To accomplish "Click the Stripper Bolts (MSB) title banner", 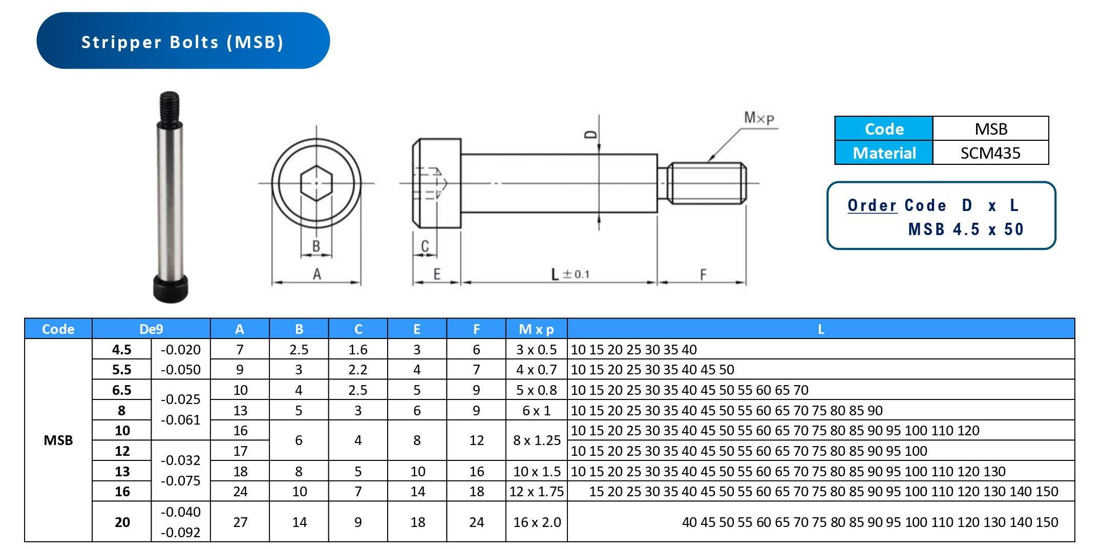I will pos(183,41).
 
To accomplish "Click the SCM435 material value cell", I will pos(990,153).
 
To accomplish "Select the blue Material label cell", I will pos(883,153).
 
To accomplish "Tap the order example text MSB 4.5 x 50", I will pos(965,229).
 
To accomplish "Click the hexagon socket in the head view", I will pos(316,183).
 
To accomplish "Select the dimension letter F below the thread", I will pos(703,274).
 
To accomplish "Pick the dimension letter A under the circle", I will pos(316,274).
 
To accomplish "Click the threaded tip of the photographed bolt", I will pos(170,107).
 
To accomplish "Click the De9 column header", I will pos(151,329).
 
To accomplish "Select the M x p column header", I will pos(536,329).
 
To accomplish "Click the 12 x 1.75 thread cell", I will pos(536,491).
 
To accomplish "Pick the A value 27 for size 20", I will pos(240,522).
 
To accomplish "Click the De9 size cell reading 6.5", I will pos(121,390).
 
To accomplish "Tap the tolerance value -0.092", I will pos(180,532).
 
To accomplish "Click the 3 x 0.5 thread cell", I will pos(536,349).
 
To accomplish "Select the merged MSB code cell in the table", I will pos(58,440).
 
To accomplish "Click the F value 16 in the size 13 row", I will pos(476,471).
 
